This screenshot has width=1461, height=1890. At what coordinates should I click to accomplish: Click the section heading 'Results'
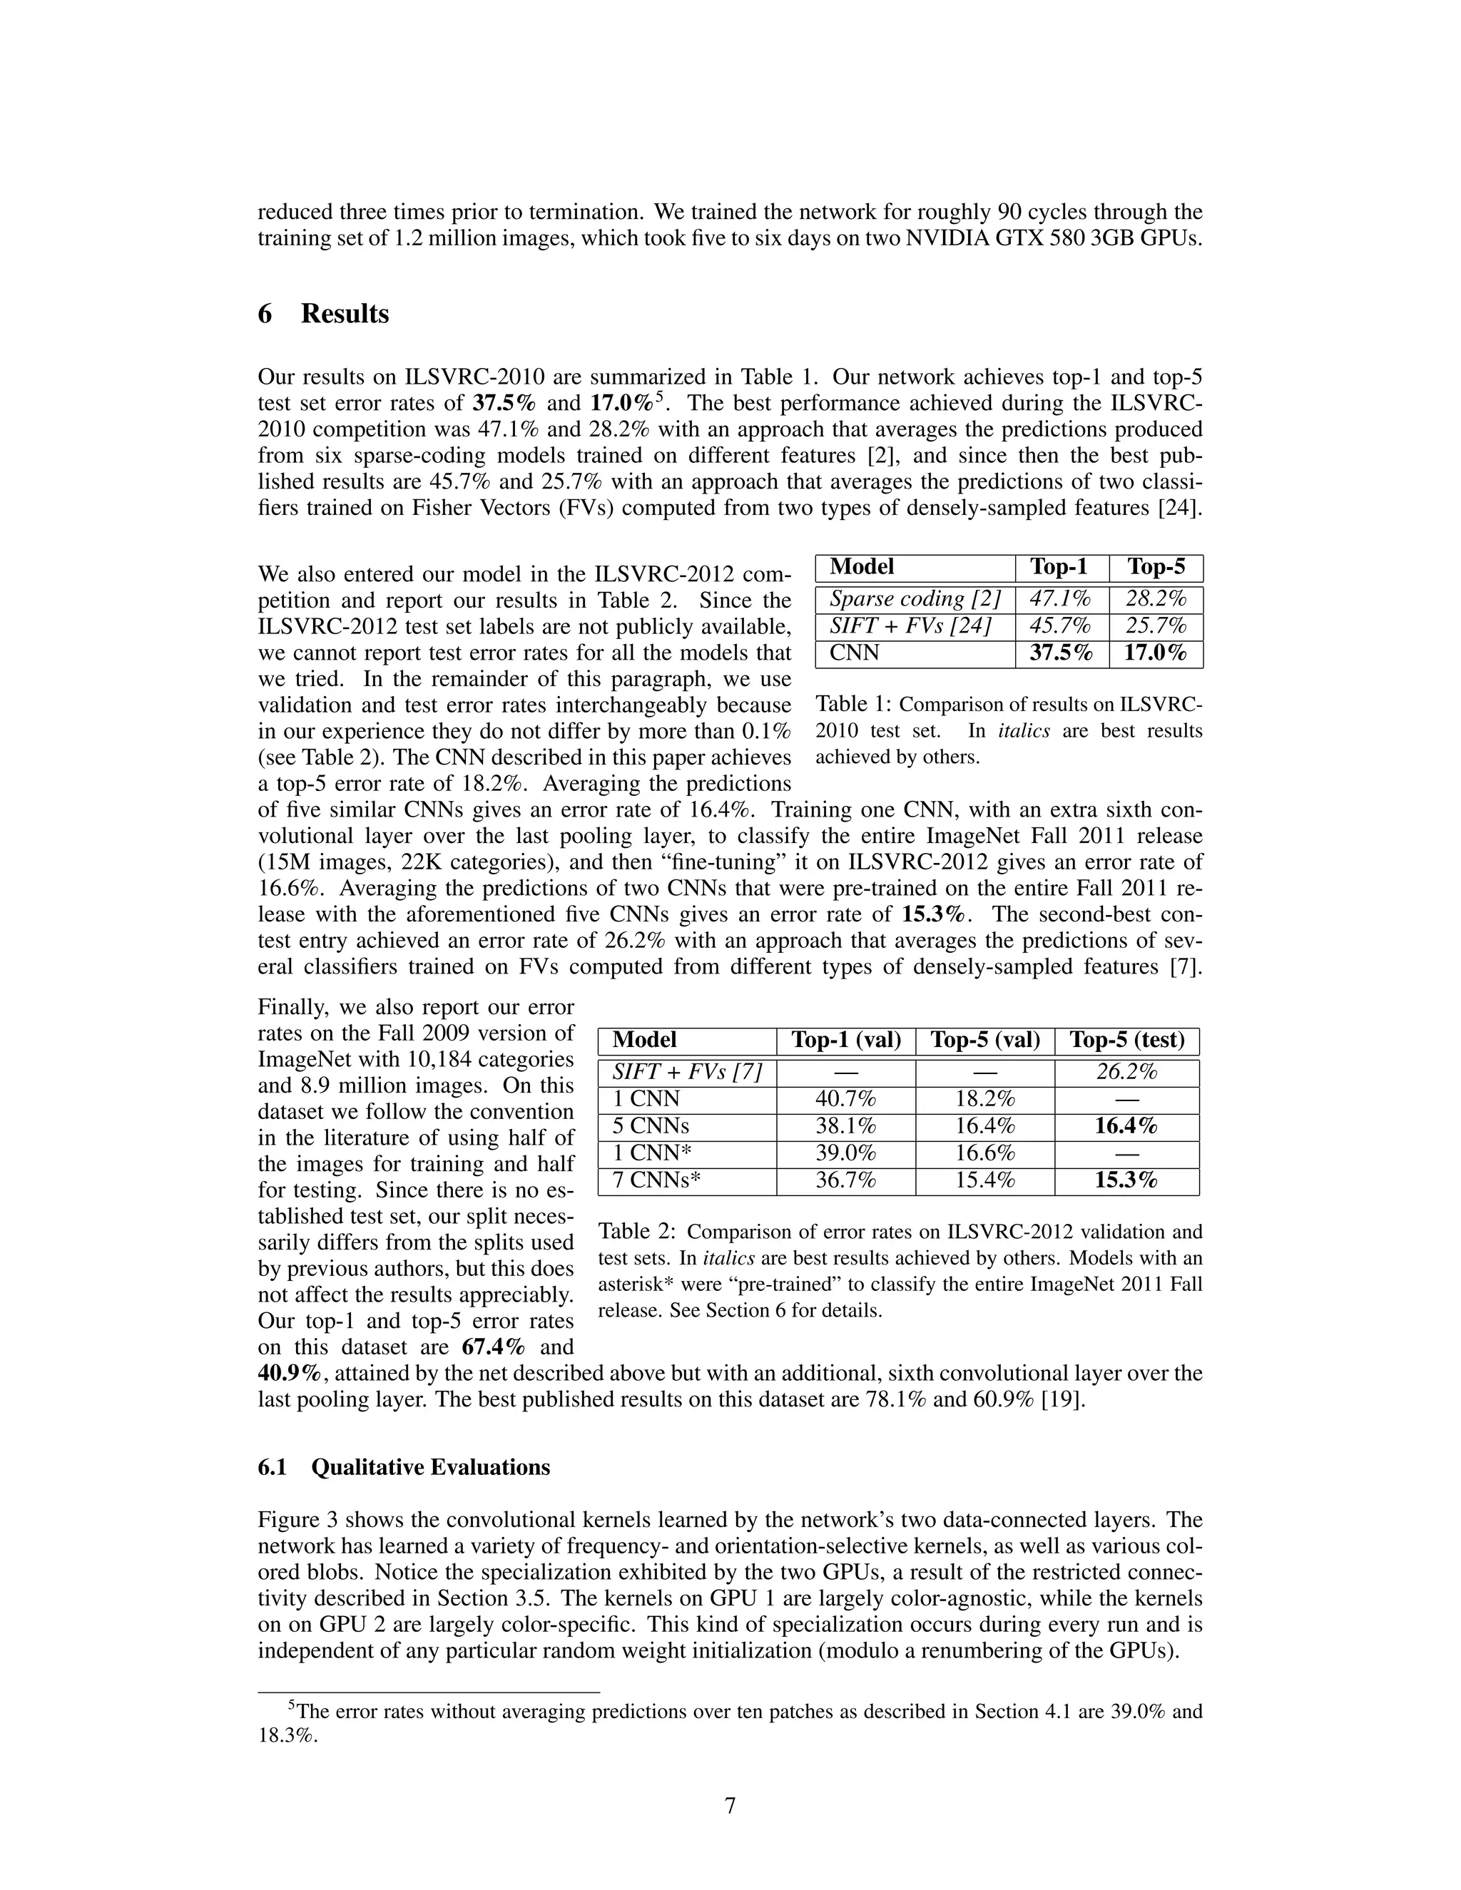tap(345, 314)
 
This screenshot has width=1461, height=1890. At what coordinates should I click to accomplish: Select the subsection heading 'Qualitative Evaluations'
tap(430, 1468)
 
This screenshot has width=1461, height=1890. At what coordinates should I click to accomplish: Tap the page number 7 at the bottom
tap(730, 1806)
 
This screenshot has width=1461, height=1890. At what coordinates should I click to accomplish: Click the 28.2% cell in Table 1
tap(1155, 599)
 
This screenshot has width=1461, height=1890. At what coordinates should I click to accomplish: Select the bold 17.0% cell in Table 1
tap(1155, 653)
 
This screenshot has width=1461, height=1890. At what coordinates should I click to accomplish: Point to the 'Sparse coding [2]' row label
tap(915, 599)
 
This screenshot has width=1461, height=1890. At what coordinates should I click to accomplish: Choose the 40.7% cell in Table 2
tap(845, 1099)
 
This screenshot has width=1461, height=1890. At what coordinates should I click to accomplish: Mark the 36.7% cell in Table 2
tap(845, 1181)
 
